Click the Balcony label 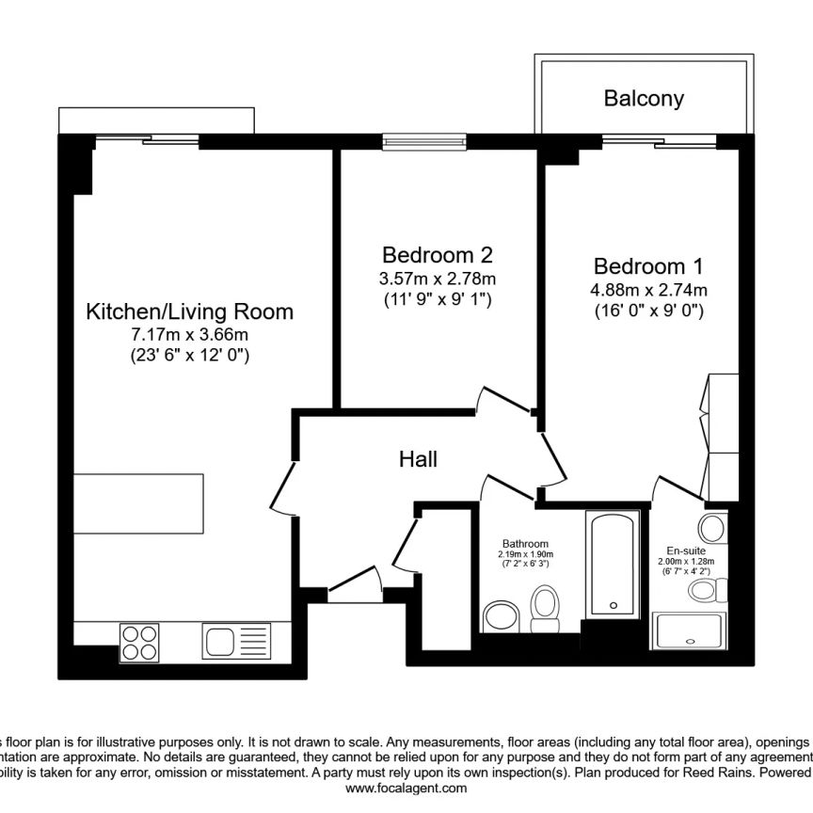644,98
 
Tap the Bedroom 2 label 437,255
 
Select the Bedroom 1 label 648,266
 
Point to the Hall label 418,459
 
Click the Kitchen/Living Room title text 189,311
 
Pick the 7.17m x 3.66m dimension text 189,334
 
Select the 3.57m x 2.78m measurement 437,279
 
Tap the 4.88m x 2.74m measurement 648,289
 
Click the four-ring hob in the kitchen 139,643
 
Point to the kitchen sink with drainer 235,643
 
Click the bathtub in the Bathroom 612,565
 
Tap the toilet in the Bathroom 545,609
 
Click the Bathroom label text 525,544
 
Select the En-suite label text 686,551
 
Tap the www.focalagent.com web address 406,789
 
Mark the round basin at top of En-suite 712,527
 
